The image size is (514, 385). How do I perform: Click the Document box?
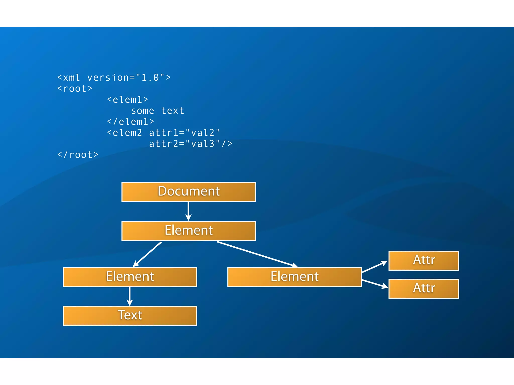188,192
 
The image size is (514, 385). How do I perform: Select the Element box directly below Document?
188,231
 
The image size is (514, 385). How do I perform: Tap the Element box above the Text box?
130,277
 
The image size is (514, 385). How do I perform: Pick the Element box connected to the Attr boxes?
294,277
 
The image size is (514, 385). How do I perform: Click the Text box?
130,316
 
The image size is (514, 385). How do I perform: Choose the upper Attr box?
424,260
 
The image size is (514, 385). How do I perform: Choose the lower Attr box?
424,288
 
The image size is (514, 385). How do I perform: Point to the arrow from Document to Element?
188,211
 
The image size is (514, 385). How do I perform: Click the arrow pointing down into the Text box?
130,296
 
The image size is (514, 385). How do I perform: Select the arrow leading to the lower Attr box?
374,284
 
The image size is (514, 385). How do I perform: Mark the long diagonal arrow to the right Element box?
257,254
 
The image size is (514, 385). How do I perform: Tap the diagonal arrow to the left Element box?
147,254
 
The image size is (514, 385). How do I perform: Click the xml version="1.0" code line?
114,77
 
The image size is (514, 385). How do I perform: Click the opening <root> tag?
75,88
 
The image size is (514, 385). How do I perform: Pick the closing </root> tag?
78,155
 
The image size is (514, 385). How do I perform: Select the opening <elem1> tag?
127,100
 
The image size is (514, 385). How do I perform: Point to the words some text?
158,111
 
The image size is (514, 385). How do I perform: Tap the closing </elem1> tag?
131,122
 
